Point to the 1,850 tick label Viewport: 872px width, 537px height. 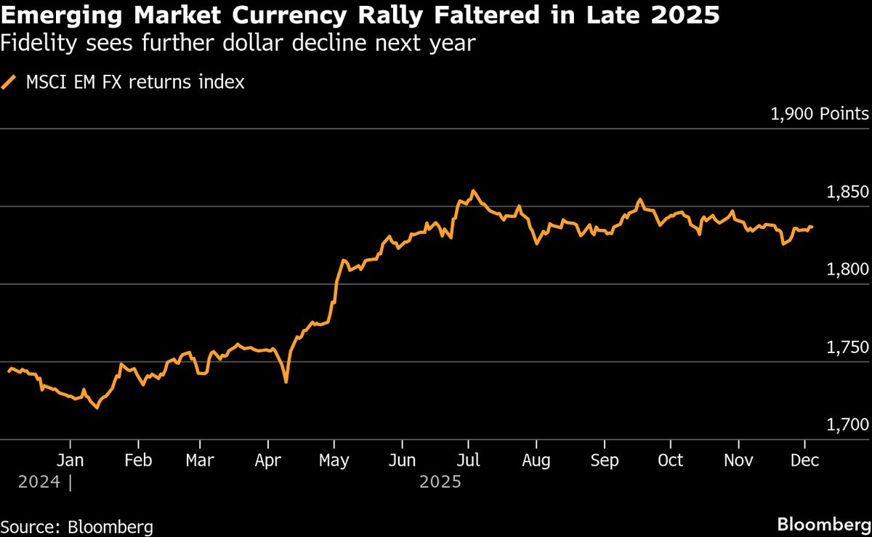coord(847,193)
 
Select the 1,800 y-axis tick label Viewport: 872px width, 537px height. coord(847,270)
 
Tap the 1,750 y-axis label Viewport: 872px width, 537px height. coord(847,347)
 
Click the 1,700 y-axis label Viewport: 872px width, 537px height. coord(847,424)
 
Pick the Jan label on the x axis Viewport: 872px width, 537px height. coord(70,461)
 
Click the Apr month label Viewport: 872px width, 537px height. coord(269,461)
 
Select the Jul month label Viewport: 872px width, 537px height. coord(469,461)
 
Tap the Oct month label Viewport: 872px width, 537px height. coord(670,461)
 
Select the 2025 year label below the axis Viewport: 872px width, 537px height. coord(441,482)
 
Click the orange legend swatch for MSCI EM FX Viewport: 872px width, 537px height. coord(9,83)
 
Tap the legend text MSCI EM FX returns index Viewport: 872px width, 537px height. coord(135,83)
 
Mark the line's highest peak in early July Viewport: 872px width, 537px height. coord(474,191)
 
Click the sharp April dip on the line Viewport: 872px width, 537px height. coord(286,381)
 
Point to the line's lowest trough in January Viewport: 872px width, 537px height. coord(97,408)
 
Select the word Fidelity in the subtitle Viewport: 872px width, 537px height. coord(33,44)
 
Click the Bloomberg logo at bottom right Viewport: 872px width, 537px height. coord(823,525)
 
